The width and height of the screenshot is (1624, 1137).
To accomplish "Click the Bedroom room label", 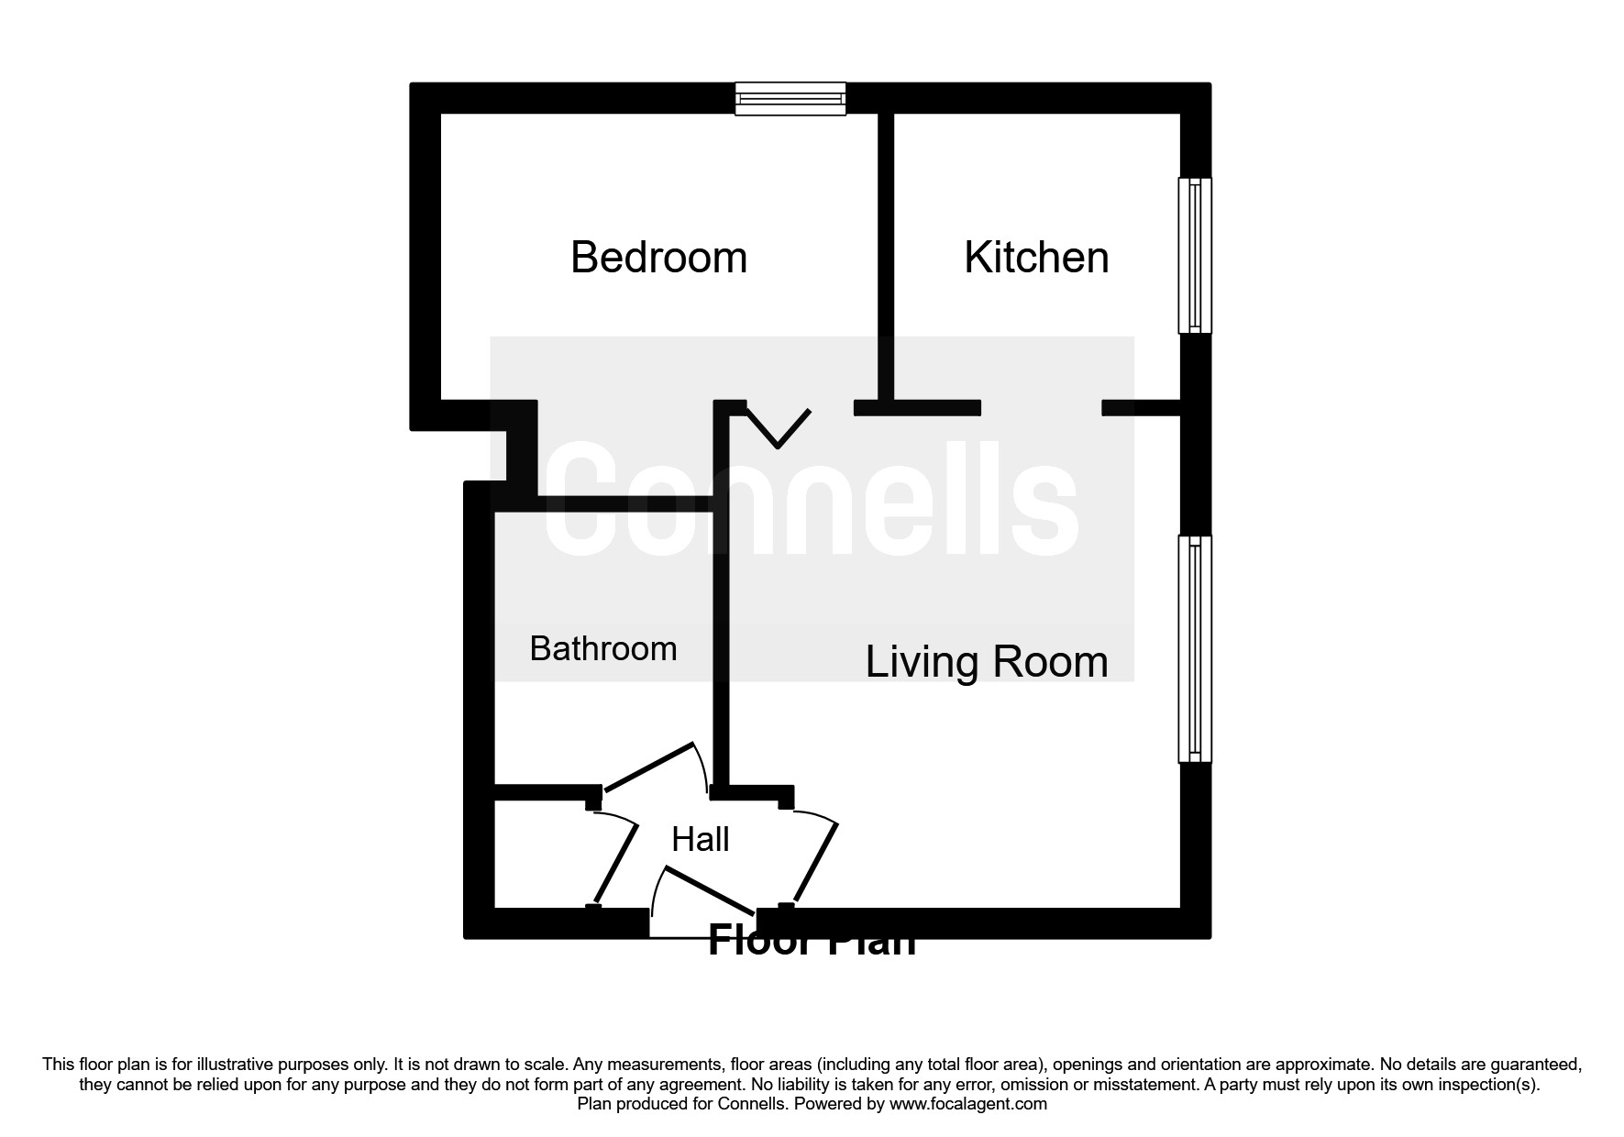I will tap(658, 258).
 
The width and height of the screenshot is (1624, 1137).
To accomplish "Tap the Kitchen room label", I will tap(1036, 258).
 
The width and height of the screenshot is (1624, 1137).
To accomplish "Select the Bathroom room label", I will tap(603, 649).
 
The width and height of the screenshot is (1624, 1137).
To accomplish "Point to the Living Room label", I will tap(987, 662).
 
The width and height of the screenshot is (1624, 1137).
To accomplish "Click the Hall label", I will tap(701, 839).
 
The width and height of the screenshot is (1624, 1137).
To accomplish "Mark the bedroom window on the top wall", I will tap(790, 99).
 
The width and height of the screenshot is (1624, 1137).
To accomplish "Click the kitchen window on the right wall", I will tap(1194, 255).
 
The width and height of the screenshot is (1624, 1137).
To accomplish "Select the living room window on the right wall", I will tap(1194, 648).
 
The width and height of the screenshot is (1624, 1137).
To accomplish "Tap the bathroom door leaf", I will tap(647, 767).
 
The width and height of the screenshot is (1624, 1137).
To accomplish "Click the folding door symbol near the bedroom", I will tap(779, 427).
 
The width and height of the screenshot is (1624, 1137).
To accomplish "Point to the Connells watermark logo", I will tap(812, 500).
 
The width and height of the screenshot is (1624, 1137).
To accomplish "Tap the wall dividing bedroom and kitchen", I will tap(886, 257).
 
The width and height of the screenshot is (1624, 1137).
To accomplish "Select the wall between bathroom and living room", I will tap(721, 642).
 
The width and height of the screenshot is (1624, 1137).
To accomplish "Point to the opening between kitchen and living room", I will tap(1041, 408).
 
